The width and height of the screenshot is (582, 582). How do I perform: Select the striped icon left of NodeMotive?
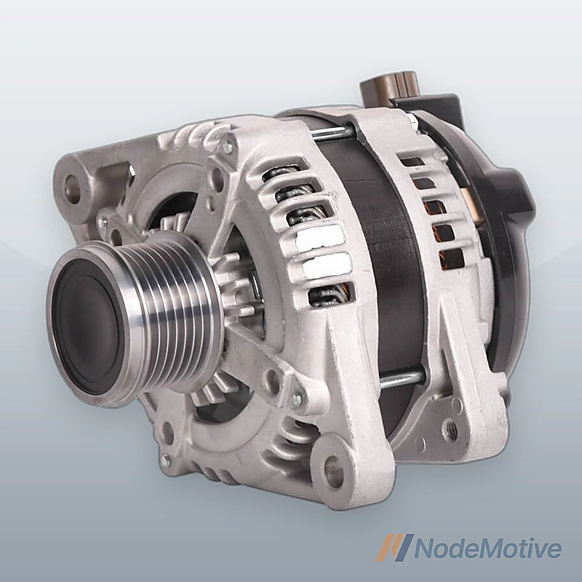[x=395, y=548]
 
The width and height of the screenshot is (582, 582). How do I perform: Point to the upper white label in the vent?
[x=320, y=236]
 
